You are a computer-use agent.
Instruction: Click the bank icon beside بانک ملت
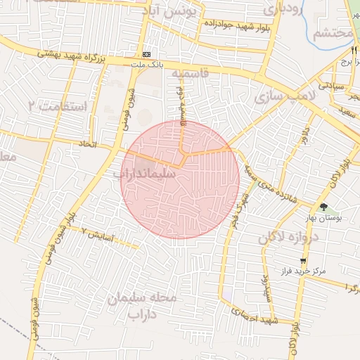pos(146,54)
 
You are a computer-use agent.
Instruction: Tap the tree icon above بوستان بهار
pos(323,207)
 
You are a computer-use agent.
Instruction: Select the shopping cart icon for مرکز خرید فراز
pos(303,261)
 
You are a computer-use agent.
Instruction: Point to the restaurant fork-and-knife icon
pos(352,51)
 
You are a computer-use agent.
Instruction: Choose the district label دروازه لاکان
pos(288,237)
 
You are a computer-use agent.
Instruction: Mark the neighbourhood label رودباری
pos(282,10)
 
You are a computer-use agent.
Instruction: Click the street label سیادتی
pos(330,84)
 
